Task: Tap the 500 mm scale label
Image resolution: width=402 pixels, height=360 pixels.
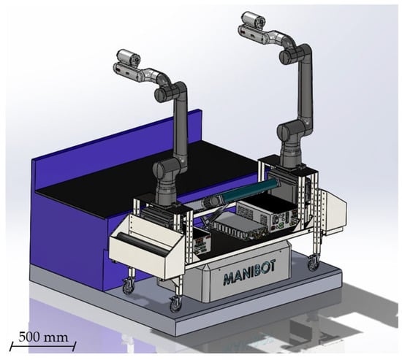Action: coord(43,337)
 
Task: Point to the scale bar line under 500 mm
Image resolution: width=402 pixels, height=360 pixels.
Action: coord(43,346)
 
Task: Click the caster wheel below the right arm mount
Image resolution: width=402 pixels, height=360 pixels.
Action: coord(314,264)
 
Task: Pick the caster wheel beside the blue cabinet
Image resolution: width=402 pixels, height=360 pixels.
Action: coord(128,286)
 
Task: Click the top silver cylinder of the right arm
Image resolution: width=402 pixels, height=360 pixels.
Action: coord(254,19)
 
